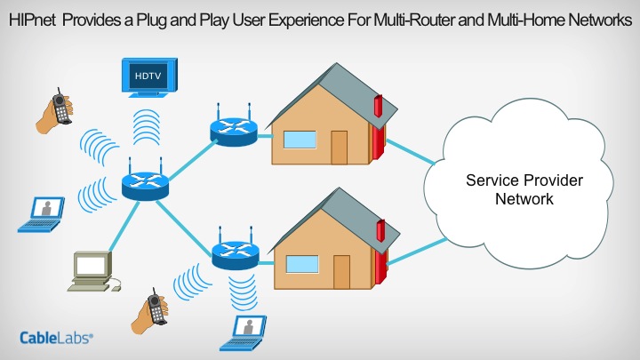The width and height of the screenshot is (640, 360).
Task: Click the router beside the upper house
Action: tap(233, 130)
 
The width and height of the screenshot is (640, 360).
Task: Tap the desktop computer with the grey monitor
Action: tap(91, 270)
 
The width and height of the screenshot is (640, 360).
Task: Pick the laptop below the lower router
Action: tap(251, 331)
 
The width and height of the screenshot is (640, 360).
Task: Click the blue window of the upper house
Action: tap(300, 139)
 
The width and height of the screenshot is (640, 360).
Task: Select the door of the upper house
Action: tap(339, 147)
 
